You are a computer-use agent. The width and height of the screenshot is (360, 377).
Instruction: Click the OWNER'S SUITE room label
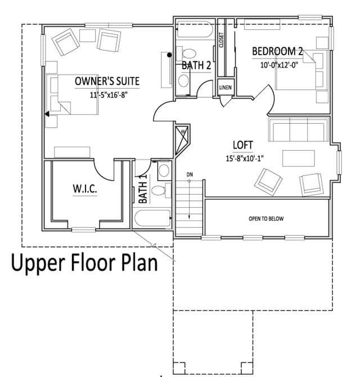click(x=107, y=81)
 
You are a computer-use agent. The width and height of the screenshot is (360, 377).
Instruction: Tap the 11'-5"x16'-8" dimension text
click(x=109, y=95)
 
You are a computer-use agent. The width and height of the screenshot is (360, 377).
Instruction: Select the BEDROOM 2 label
click(x=277, y=51)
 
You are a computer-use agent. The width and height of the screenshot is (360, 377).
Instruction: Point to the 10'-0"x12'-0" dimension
click(x=279, y=65)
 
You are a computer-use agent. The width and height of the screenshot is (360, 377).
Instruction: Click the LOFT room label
click(x=243, y=145)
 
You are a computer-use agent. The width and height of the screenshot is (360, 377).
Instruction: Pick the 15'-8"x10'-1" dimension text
click(x=245, y=159)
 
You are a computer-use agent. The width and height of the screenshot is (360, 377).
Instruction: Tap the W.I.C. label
click(x=85, y=188)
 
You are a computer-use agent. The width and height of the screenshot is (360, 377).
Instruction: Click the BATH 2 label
click(x=196, y=65)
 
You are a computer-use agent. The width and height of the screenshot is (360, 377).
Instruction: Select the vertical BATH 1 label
click(x=143, y=189)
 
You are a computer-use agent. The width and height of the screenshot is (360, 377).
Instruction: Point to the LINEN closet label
click(x=226, y=88)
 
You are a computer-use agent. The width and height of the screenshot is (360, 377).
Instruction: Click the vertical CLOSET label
click(x=221, y=40)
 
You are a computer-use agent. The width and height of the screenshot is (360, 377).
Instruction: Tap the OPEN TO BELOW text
click(x=266, y=218)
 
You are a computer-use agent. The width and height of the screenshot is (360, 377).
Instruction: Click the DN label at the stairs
click(x=190, y=174)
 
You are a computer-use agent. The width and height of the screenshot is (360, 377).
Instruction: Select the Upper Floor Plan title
click(x=84, y=263)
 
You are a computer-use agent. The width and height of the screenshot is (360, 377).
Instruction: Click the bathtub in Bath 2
click(x=195, y=30)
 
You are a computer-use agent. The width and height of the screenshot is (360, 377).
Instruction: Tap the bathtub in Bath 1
click(x=152, y=218)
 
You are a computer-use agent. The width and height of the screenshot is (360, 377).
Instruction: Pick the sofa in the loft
click(x=299, y=129)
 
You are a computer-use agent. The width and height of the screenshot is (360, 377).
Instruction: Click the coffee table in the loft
click(x=299, y=158)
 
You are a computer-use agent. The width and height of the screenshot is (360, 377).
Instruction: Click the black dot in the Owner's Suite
click(x=169, y=55)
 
